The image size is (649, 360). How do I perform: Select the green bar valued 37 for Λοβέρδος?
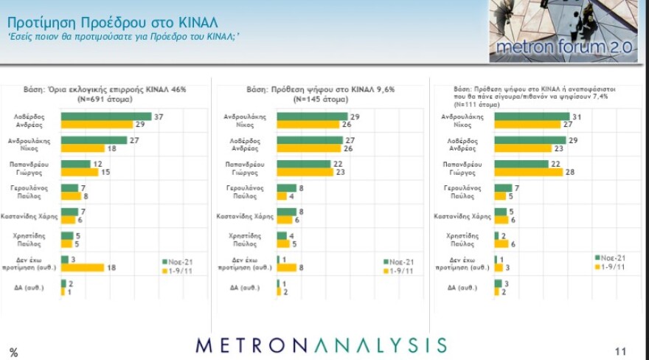(x=106, y=117)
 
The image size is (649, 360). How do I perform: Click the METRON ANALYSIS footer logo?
(x=321, y=345)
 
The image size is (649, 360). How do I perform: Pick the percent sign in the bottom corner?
(x=13, y=352)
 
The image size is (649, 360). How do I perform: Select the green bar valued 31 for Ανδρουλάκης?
(x=532, y=117)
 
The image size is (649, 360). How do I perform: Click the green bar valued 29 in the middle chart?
(x=312, y=117)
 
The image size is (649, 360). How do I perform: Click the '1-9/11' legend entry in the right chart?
(x=612, y=267)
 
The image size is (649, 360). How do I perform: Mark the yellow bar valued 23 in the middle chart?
(x=305, y=171)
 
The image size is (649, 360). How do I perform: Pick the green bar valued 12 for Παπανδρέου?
(x=76, y=162)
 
